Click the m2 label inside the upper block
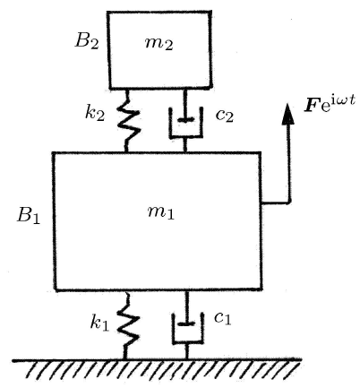pyautogui.click(x=159, y=44)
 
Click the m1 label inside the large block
pyautogui.click(x=161, y=212)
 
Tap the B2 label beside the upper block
pyautogui.click(x=87, y=41)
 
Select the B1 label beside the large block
pyautogui.click(x=29, y=215)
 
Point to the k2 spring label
pyautogui.click(x=95, y=113)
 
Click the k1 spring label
pyautogui.click(x=99, y=323)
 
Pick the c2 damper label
pyautogui.click(x=225, y=116)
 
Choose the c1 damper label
pyautogui.click(x=223, y=318)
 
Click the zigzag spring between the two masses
pyautogui.click(x=128, y=121)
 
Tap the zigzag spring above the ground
pyautogui.click(x=128, y=325)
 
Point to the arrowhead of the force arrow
pyautogui.click(x=288, y=114)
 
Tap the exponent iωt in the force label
pyautogui.click(x=344, y=100)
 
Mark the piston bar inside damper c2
pyautogui.click(x=185, y=120)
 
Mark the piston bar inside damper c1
pyautogui.click(x=186, y=323)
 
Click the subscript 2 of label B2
pyautogui.click(x=94, y=45)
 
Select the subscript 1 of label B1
pyautogui.click(x=36, y=219)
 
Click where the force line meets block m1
pyautogui.click(x=261, y=203)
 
